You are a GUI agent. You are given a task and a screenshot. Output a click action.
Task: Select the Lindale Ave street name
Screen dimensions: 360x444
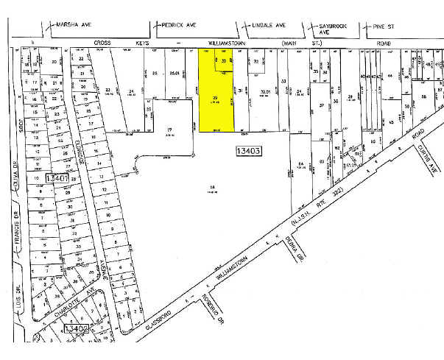pos(269,24)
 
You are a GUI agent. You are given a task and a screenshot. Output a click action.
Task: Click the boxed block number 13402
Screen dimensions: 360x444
pos(77,328)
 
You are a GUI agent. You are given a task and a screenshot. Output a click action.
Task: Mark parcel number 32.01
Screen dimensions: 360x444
pos(266,93)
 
